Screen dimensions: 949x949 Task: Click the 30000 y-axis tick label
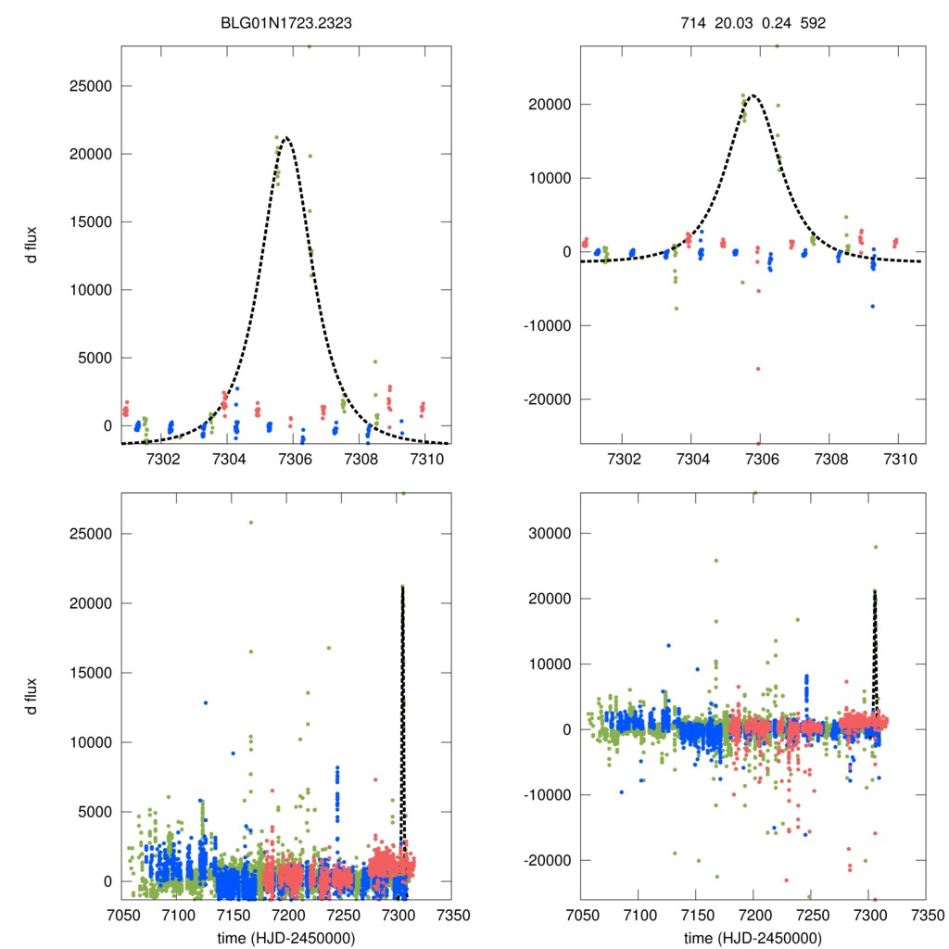[x=551, y=533]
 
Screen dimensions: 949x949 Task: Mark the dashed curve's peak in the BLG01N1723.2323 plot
[x=287, y=137]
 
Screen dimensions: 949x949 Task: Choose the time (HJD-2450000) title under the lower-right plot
[x=753, y=939]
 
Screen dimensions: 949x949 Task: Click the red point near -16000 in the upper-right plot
[x=758, y=369]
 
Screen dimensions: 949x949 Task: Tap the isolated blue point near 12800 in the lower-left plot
[x=206, y=702]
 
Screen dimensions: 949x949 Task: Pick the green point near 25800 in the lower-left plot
[x=250, y=523]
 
